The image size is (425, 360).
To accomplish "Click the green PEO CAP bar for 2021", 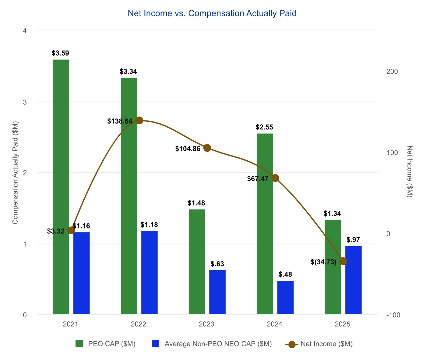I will (x=61, y=187).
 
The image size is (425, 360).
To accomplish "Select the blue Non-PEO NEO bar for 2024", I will (x=285, y=297).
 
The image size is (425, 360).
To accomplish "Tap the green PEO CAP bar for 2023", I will (x=197, y=262).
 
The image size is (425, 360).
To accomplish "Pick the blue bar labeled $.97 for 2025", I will (x=353, y=280).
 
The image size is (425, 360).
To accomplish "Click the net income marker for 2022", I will (x=139, y=120).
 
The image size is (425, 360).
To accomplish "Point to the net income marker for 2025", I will (x=343, y=261).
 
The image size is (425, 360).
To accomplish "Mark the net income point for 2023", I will (x=207, y=148).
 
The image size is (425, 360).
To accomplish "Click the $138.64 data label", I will (x=120, y=121).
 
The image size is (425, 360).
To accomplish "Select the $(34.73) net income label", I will (x=323, y=262).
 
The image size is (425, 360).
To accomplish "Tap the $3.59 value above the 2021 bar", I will (x=60, y=53).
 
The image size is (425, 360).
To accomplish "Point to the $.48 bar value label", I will (x=285, y=274).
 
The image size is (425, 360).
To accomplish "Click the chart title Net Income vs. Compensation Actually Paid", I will (x=212, y=13).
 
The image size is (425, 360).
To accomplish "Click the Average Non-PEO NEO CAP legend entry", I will (x=218, y=344).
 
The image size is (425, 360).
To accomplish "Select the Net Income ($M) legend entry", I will (x=327, y=344).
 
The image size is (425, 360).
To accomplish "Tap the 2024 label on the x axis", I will (x=275, y=324).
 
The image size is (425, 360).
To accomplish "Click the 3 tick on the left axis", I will (x=25, y=102).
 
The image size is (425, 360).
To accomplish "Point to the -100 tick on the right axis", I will (x=393, y=315).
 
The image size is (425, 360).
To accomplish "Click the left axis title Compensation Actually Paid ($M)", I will (x=15, y=172).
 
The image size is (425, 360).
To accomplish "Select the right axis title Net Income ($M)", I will (x=410, y=171).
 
